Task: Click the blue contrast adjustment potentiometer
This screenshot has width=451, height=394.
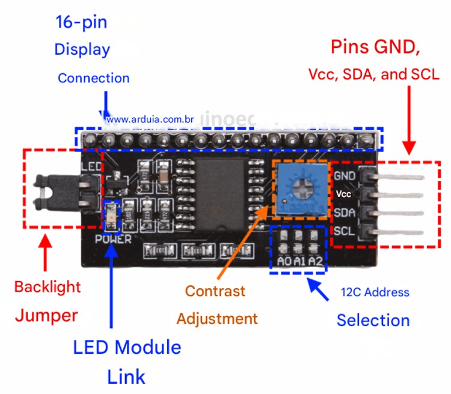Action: [299, 192]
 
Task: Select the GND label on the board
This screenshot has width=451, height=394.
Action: [344, 176]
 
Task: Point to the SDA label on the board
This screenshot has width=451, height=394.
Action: [344, 213]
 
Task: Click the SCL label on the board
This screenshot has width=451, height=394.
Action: [344, 231]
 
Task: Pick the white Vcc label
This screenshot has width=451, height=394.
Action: [343, 194]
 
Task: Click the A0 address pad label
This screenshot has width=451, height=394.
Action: [284, 262]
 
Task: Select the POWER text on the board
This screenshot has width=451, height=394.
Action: [112, 239]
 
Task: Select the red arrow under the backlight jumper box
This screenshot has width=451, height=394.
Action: [46, 255]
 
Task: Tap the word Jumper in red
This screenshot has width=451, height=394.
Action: [46, 315]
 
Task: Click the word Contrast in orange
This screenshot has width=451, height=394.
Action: [215, 291]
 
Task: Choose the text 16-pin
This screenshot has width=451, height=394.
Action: [81, 23]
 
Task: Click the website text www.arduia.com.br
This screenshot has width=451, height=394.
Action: [150, 120]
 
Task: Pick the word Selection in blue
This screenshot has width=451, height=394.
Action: [373, 320]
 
